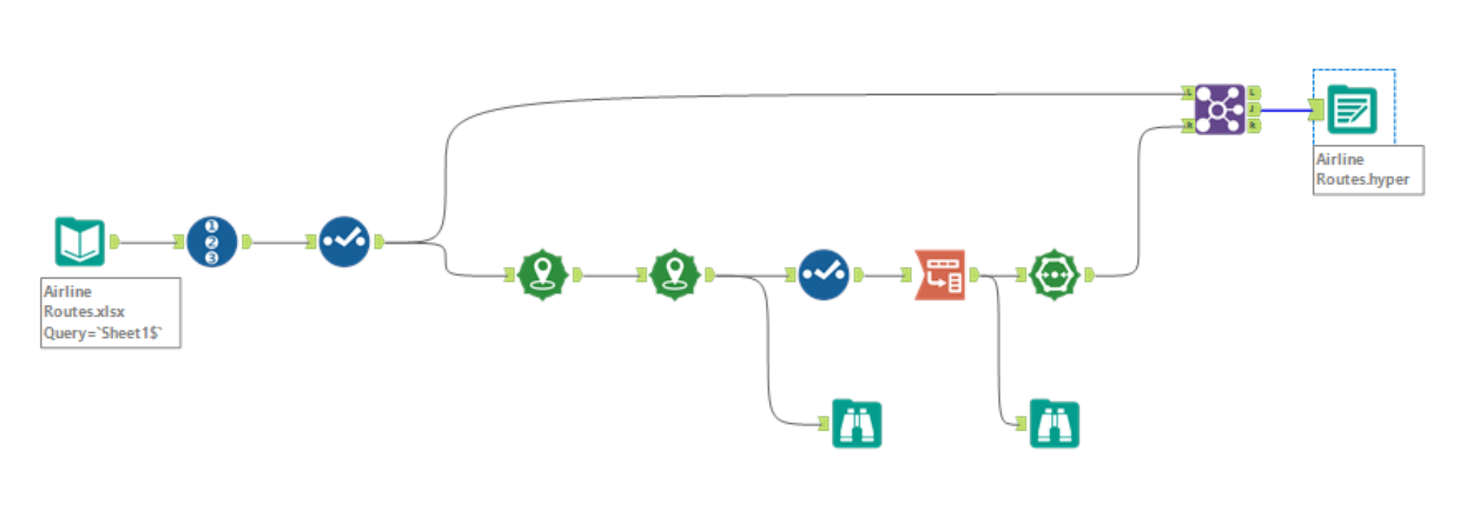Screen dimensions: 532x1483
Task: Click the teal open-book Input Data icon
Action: point(79,241)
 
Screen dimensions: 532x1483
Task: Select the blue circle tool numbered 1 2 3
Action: point(212,241)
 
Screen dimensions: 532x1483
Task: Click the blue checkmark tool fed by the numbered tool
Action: point(344,241)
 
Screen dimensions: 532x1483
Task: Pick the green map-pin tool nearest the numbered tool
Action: point(542,275)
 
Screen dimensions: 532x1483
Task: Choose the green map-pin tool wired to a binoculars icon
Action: point(675,275)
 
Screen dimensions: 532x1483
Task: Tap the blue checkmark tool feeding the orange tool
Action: point(823,275)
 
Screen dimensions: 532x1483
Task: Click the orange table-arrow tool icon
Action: point(940,275)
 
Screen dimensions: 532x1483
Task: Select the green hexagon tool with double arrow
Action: point(1054,275)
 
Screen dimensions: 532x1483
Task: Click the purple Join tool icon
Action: point(1219,109)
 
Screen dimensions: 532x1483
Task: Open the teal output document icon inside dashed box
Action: point(1352,110)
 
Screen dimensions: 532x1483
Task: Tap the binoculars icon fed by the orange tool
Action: point(1054,424)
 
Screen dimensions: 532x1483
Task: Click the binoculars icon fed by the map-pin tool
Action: point(856,424)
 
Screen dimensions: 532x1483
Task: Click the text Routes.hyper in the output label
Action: point(1362,179)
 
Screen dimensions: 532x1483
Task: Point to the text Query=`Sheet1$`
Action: point(102,333)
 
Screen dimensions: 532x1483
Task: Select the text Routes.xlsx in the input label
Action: point(84,312)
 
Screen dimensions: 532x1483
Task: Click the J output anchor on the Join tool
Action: point(1254,109)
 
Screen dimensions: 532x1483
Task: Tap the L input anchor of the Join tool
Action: point(1188,93)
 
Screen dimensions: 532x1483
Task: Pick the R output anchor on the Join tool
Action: point(1254,126)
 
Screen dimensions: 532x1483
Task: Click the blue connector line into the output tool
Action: point(1286,110)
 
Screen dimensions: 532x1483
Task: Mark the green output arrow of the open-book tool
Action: point(114,241)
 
